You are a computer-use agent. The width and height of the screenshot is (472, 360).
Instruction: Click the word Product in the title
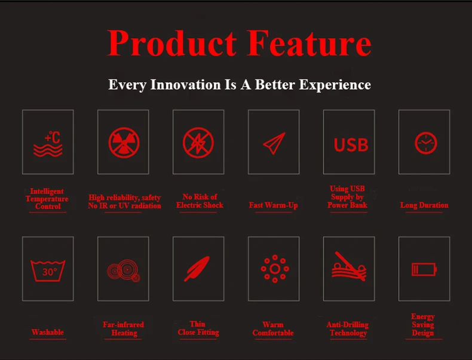pos(171,43)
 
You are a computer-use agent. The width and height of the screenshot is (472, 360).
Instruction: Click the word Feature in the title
pos(309,43)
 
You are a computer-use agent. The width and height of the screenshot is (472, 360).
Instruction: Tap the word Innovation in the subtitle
pos(185,85)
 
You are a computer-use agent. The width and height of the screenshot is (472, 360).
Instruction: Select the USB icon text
pos(351,144)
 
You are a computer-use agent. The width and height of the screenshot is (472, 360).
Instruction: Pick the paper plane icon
pos(274,143)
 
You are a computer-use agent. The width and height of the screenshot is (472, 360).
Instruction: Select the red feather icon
pos(197,269)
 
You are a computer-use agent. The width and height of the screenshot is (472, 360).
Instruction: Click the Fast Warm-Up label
pos(273,205)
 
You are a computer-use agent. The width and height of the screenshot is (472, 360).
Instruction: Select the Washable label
pos(48,332)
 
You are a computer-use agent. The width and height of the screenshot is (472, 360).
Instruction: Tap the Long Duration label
pos(424,205)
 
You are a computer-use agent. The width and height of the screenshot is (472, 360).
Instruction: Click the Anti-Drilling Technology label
pos(348,329)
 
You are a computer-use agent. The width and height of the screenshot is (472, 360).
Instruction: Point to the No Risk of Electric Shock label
pos(200,201)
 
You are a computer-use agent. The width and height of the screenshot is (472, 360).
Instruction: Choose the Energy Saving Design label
pos(423,325)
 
